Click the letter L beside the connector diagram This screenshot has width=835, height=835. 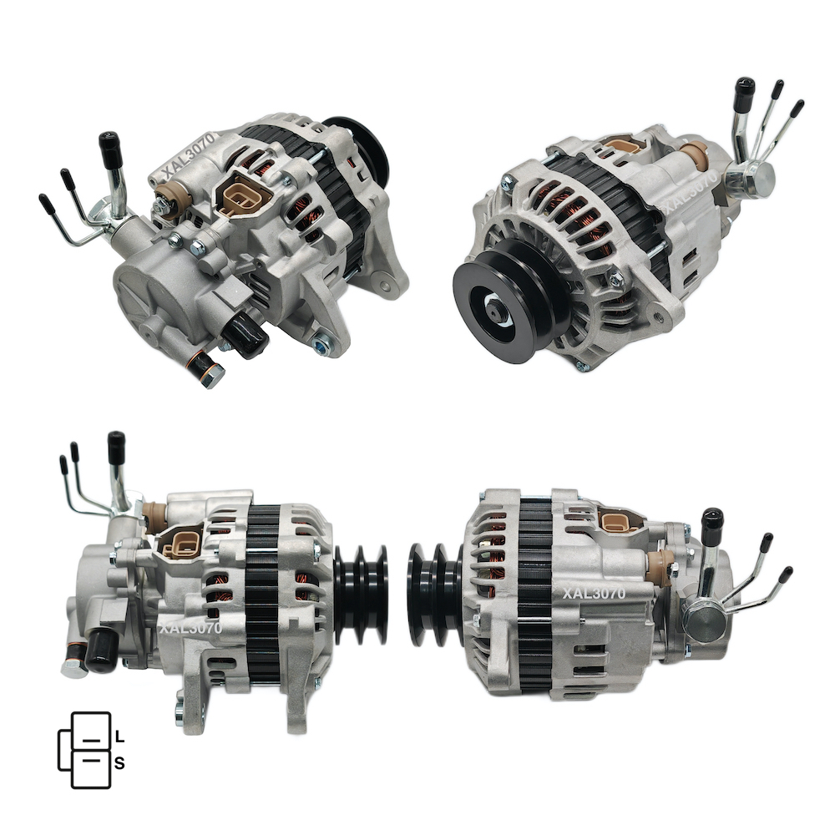tap(119, 737)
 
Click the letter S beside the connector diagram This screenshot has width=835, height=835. tap(119, 763)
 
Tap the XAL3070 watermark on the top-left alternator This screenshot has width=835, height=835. tap(190, 155)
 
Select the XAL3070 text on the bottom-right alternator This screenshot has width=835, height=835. tap(594, 593)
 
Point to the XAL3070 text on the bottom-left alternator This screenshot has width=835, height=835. tap(190, 629)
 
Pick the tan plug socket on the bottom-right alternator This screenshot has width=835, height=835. tap(620, 521)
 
